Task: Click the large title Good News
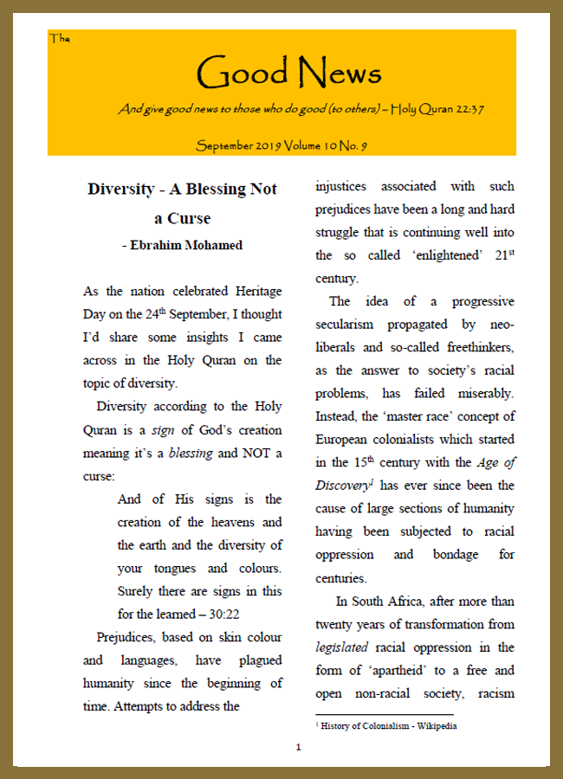(x=288, y=73)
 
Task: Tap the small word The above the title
(x=60, y=38)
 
